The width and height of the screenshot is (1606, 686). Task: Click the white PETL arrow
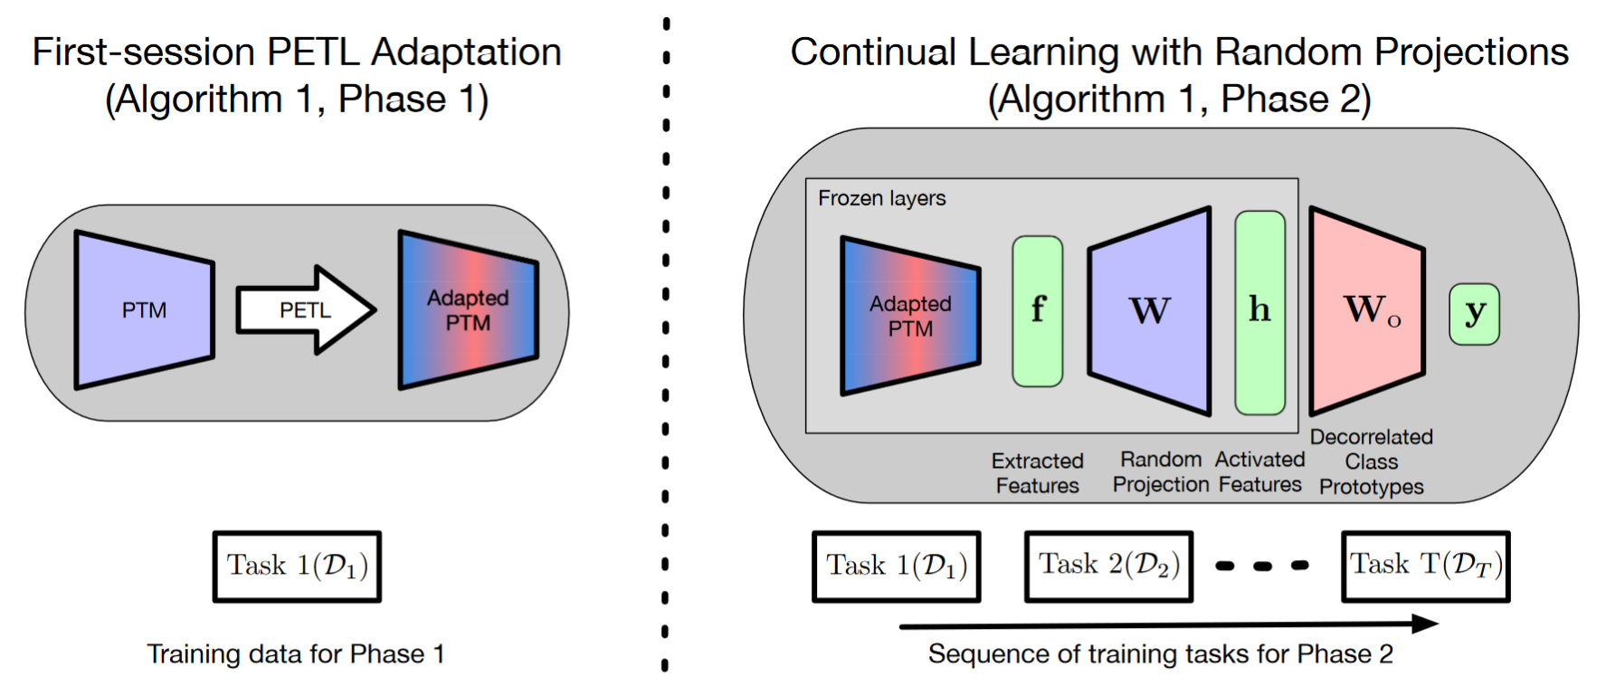306,310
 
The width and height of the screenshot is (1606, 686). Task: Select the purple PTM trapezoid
145,310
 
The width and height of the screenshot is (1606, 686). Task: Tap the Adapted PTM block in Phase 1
469,310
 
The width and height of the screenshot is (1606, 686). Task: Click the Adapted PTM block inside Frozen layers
910,316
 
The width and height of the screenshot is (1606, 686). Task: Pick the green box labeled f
1038,311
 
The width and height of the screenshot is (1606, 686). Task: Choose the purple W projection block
1149,311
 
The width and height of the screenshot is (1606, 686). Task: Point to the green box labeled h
1260,312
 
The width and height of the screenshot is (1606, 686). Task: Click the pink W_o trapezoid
1367,311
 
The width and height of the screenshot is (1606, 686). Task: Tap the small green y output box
1475,314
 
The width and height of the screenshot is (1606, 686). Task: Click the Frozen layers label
882,198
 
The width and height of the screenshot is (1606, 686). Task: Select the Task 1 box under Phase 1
297,567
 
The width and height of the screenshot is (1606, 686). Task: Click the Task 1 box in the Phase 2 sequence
897,567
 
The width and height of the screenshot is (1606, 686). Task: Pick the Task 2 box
1109,567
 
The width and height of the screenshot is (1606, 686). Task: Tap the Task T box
1426,567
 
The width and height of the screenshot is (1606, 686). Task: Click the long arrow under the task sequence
1169,624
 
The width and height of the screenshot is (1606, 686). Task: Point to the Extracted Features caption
1038,473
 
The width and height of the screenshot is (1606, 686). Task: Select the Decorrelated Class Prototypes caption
1372,462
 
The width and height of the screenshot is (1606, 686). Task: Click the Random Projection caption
1161,472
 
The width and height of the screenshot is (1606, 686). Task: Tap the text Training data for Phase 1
296,653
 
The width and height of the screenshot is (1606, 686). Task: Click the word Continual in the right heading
873,52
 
